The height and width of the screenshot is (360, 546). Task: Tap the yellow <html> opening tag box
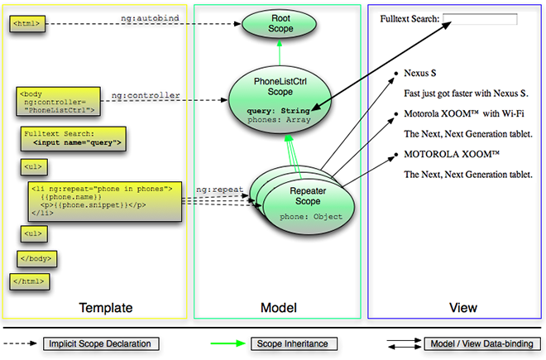coord(26,24)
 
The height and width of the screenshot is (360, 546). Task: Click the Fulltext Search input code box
coord(74,138)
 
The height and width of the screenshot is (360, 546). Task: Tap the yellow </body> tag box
coord(36,258)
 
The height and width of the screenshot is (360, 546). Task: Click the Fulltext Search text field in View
coord(480,18)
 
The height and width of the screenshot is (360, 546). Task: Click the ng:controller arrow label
coord(146,95)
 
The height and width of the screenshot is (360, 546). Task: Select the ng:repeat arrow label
coord(219,190)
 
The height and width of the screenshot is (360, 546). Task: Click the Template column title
coord(106,308)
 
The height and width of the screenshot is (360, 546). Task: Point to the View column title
coord(462,308)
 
